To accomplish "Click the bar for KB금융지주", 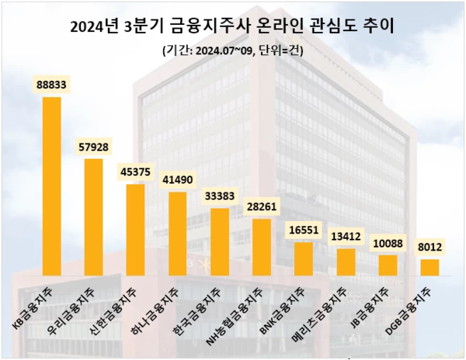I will coord(51,186).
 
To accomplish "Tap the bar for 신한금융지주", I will coord(135,230).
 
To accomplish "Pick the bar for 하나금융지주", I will coord(177,234).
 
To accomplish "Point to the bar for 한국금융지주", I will coord(220,241).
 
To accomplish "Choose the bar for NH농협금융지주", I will coord(262,247).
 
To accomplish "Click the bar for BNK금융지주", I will coord(304,258).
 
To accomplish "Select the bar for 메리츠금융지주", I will coord(346,261).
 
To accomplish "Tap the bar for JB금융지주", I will coord(388,265).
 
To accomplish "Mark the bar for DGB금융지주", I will coord(429,267).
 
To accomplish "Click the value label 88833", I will coord(51,85).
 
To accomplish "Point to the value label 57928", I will coord(93,147).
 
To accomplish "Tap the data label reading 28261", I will coord(262,207).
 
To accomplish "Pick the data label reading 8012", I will coord(429,247).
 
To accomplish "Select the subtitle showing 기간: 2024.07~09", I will coord(232,51).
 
